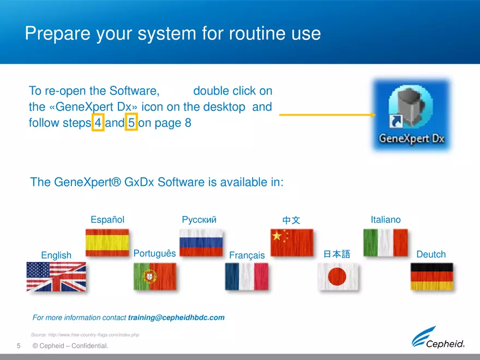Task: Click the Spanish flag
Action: (107, 243)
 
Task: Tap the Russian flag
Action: (201, 243)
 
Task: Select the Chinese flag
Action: (292, 243)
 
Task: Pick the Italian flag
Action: (386, 243)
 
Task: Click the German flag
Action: (431, 277)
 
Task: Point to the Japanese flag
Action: (338, 277)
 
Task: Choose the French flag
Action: (247, 277)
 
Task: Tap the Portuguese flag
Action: (155, 277)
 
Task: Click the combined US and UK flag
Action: (56, 277)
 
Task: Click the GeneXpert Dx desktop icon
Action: (411, 115)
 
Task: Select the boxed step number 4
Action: (98, 123)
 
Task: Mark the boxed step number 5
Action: (131, 123)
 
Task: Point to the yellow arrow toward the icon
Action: (327, 115)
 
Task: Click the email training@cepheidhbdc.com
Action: (176, 317)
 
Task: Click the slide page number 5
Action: (19, 346)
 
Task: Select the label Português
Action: (154, 254)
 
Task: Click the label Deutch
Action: (431, 254)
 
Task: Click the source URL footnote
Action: (85, 334)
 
